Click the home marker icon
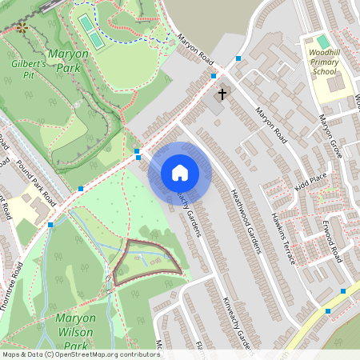click(x=180, y=172)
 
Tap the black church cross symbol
click(x=222, y=94)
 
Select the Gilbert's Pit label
click(x=30, y=68)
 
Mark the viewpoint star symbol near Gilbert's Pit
click(x=22, y=27)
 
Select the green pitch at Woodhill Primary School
click(x=323, y=41)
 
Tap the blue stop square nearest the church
click(x=214, y=76)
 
